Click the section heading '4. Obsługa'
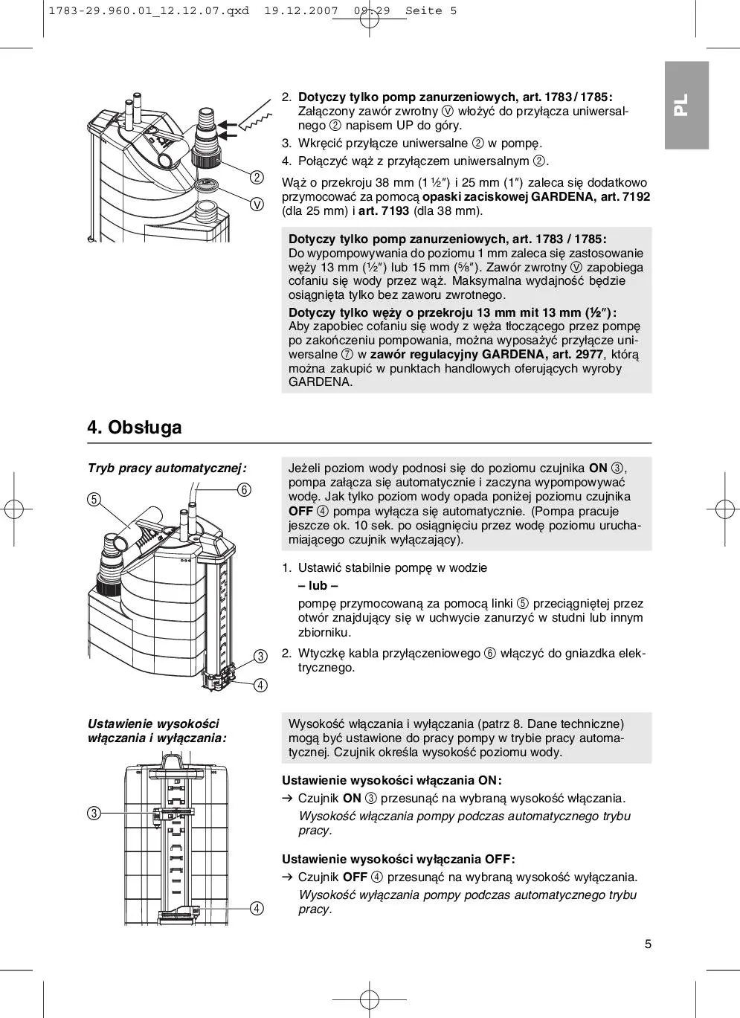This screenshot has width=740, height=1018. tap(135, 428)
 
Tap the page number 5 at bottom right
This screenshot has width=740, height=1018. tap(648, 944)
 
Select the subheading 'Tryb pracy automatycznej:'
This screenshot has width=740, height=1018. tap(167, 468)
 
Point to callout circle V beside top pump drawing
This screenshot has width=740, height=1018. tap(257, 204)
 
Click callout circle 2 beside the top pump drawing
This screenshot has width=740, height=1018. tap(257, 177)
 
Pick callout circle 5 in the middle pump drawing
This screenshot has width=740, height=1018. tap(94, 500)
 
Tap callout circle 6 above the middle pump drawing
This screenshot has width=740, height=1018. tap(244, 489)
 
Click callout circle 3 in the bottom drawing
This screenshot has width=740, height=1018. tap(94, 813)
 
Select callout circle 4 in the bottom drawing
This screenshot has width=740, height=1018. tap(257, 908)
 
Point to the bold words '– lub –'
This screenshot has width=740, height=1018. tap(318, 586)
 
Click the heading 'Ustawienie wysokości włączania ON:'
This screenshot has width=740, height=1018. tap(391, 780)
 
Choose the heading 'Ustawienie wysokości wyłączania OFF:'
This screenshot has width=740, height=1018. tap(398, 859)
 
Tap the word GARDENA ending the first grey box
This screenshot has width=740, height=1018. tap(321, 382)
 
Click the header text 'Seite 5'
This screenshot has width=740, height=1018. tap(431, 11)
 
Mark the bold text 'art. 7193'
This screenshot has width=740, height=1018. tap(384, 210)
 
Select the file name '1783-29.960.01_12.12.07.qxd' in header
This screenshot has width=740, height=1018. tap(148, 11)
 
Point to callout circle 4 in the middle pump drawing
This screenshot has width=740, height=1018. tap(260, 685)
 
